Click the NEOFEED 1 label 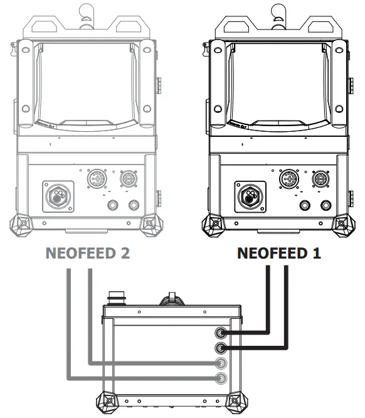[278, 254]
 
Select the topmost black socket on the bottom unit [221, 333]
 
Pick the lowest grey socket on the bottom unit [221, 378]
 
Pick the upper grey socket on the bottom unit [221, 363]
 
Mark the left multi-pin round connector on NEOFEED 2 [97, 177]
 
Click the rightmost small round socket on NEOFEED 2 [134, 205]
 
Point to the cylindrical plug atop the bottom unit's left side [116, 297]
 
